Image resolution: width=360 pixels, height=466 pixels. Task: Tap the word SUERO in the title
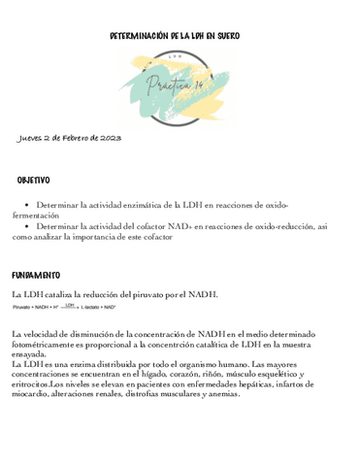point(229,35)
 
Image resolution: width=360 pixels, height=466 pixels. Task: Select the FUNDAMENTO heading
point(36,276)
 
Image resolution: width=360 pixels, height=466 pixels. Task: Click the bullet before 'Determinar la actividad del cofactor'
point(25,225)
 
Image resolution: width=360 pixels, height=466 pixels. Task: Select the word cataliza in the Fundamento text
point(69,294)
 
